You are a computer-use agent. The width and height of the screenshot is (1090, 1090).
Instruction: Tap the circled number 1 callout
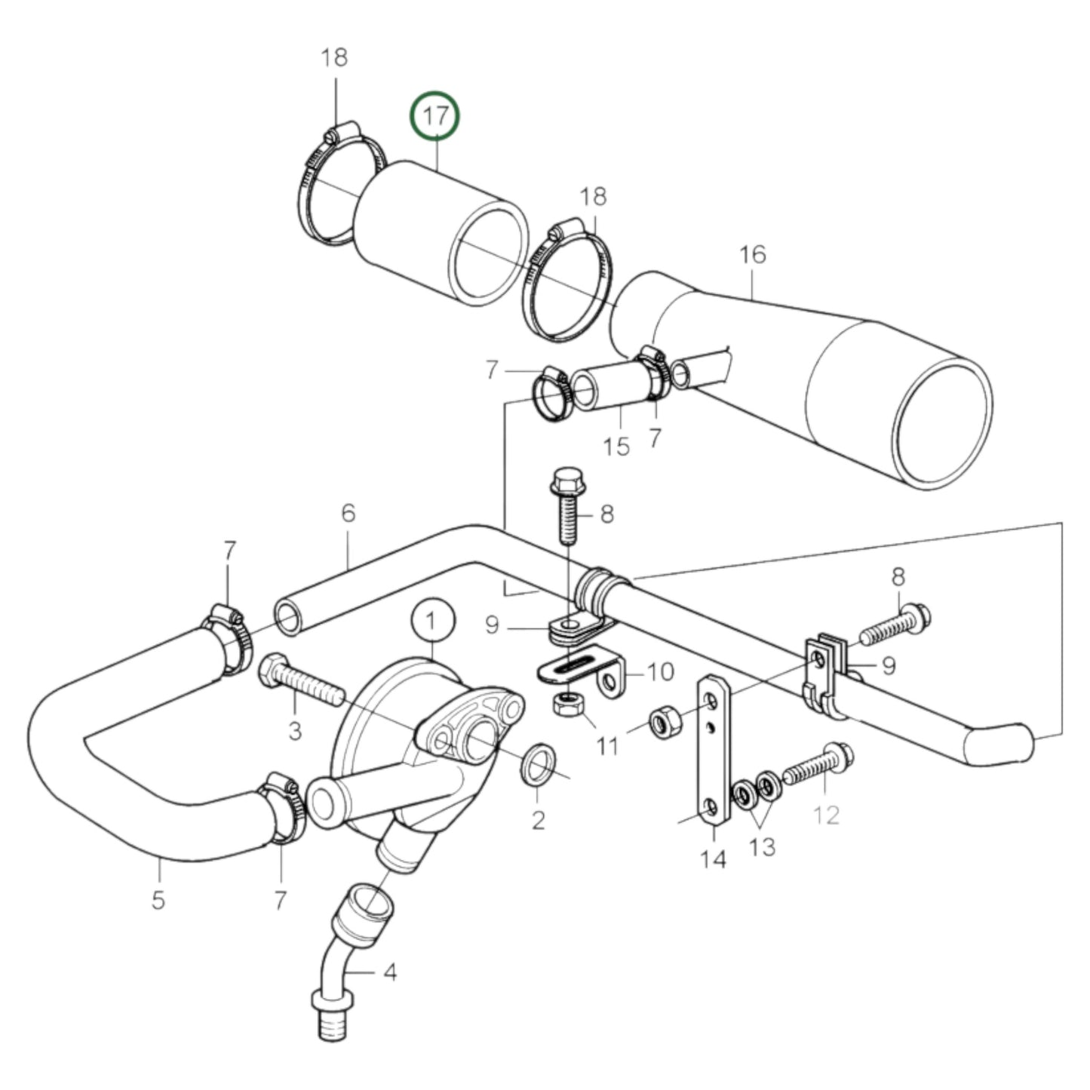pos(433,622)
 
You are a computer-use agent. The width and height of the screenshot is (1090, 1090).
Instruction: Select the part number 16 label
pos(752,255)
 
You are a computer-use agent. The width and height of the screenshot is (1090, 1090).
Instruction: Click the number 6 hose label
pos(348,514)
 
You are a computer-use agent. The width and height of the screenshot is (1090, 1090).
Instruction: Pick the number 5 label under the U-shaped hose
pos(158,900)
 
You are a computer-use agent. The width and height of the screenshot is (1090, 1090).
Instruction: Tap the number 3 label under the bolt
pos(294,730)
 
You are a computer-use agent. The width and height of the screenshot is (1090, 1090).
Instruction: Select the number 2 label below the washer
pos(538,820)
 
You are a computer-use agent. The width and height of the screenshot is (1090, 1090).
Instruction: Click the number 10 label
pos(661,671)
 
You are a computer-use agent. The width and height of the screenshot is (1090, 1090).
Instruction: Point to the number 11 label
pos(607,747)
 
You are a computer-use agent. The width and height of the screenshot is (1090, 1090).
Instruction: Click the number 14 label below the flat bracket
pos(713,858)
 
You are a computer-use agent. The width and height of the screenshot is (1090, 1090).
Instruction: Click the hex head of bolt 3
pos(273,671)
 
